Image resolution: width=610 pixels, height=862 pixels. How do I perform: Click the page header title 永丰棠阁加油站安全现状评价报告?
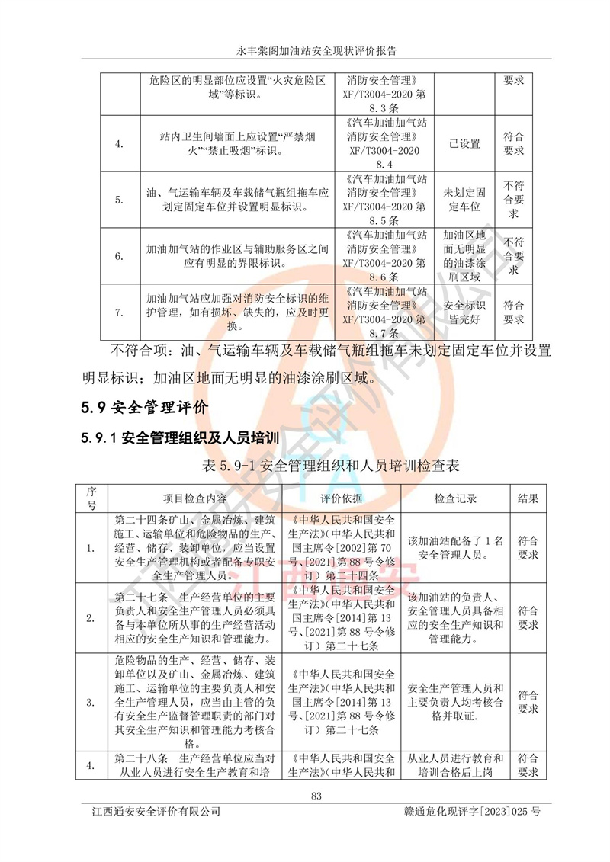305,51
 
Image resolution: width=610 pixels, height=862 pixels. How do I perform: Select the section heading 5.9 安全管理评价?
144,407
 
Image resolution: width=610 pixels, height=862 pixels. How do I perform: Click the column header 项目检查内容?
195,498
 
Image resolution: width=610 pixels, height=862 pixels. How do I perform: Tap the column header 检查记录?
455,498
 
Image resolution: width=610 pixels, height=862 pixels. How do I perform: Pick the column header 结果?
528,498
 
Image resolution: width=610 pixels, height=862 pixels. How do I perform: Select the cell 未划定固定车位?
464,200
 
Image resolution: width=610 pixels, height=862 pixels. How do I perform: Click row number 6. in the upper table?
119,256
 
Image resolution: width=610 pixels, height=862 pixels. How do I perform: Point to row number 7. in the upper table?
119,312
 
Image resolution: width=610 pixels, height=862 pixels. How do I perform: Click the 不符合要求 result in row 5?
514,200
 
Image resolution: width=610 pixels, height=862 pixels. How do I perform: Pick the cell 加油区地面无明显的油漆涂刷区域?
464,256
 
